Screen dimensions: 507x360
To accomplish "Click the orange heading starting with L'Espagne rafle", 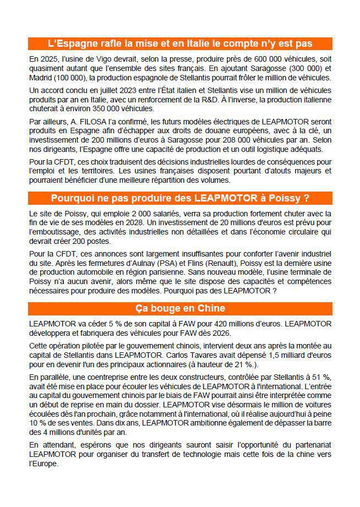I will [180, 43].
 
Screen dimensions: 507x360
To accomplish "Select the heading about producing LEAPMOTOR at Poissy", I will [180, 198].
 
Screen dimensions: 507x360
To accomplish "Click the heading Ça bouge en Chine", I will [180, 308].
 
